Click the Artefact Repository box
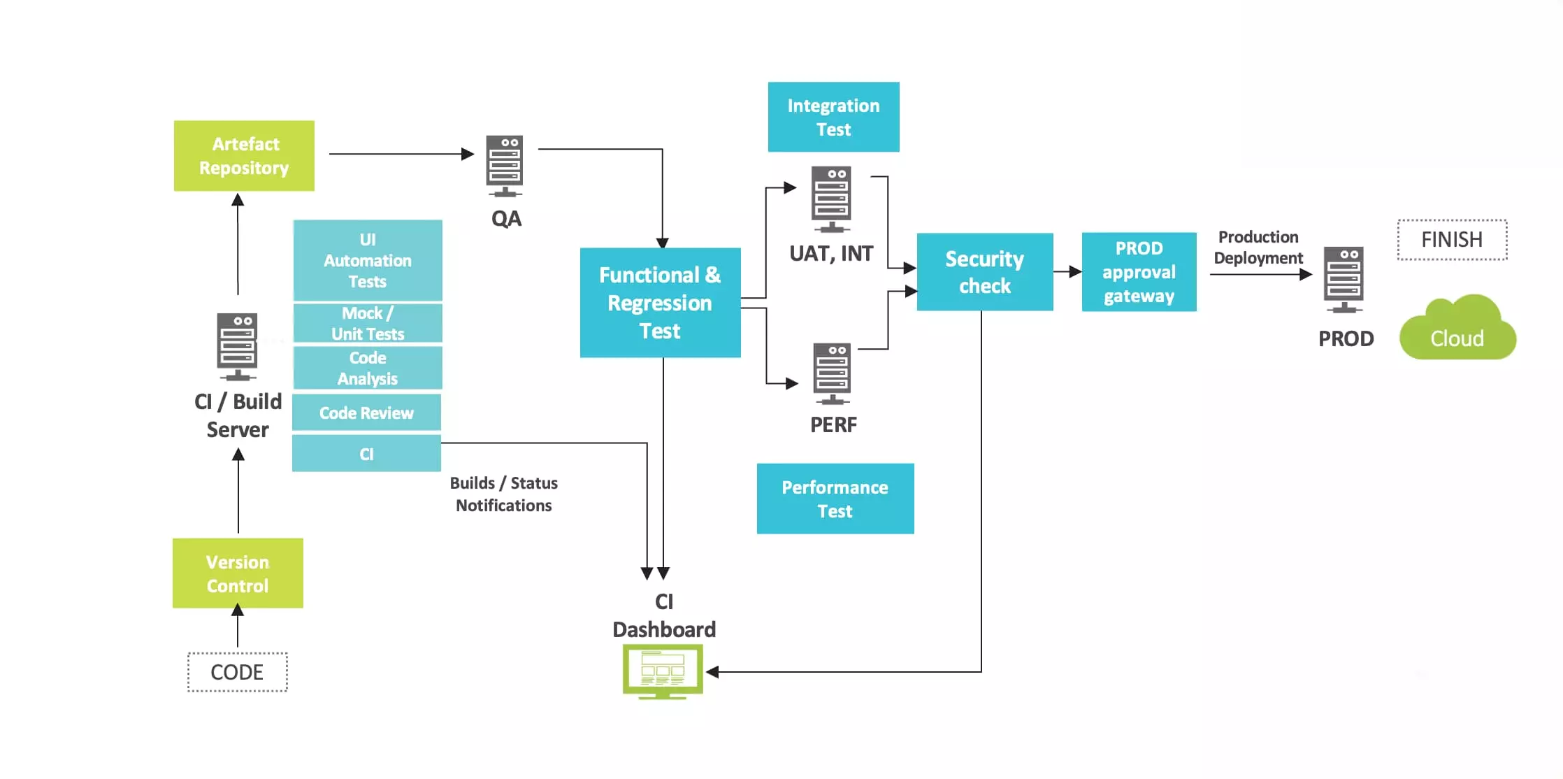244,155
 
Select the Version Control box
238,573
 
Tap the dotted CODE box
238,672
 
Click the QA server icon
505,166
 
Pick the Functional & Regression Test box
660,302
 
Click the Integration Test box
833,117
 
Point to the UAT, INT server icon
831,199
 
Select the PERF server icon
832,373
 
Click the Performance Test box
835,499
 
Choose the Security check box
984,272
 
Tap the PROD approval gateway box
1139,272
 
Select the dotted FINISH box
1452,240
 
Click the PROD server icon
1344,279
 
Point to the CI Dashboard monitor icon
663,671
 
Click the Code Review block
366,413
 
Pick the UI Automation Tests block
368,260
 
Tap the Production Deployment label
1258,248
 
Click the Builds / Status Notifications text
503,494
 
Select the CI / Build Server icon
238,346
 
